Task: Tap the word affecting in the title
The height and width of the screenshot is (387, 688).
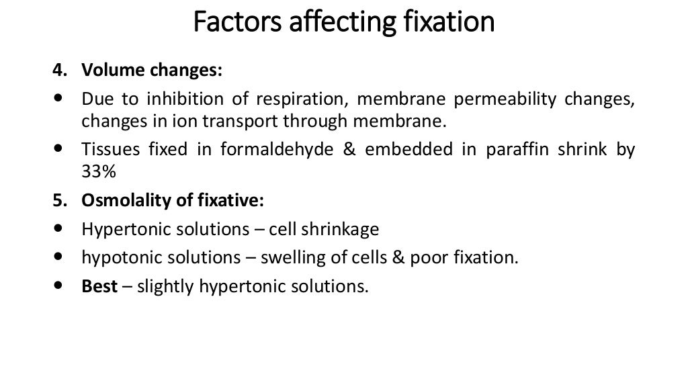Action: [325, 22]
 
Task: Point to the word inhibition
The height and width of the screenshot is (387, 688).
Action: [177, 99]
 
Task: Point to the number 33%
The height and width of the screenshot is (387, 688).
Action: [99, 172]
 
